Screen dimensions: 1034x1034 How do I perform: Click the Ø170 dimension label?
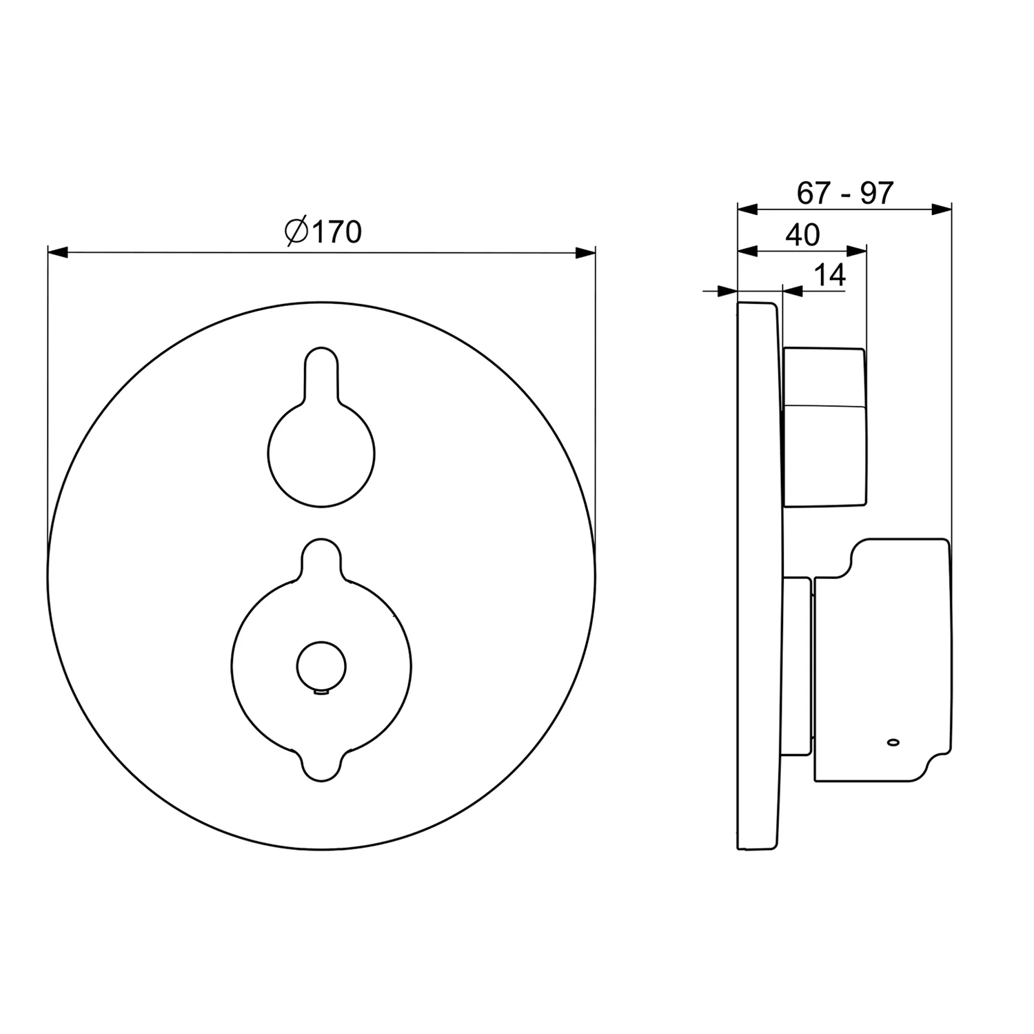(323, 232)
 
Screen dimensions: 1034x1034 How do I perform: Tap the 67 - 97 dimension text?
(844, 193)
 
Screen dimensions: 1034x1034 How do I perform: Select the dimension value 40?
(803, 235)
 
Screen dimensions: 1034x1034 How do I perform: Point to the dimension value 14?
(830, 275)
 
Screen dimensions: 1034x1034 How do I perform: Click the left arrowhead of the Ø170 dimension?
(58, 253)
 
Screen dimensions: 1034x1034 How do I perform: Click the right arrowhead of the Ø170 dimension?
(585, 253)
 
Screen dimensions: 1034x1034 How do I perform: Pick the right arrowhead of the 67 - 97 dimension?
(942, 209)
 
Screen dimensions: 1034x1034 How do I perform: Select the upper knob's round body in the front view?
(321, 454)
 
